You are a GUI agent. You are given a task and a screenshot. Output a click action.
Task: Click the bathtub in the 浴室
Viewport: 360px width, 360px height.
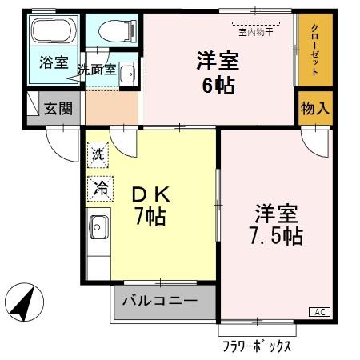click(54, 34)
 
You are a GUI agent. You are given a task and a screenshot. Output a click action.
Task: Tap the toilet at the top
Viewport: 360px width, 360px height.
click(111, 31)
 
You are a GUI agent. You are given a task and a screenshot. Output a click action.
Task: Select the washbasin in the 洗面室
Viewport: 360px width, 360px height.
click(126, 75)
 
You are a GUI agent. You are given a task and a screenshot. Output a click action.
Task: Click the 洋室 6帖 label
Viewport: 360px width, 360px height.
click(216, 72)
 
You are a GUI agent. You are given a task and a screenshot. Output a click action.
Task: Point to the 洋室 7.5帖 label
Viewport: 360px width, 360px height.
click(276, 226)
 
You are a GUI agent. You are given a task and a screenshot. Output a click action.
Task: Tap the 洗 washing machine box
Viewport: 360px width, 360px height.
click(98, 153)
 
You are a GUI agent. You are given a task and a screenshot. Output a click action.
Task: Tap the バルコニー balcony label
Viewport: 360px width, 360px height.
click(164, 303)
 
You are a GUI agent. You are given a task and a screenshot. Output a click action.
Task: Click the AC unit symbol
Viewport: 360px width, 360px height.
click(318, 312)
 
